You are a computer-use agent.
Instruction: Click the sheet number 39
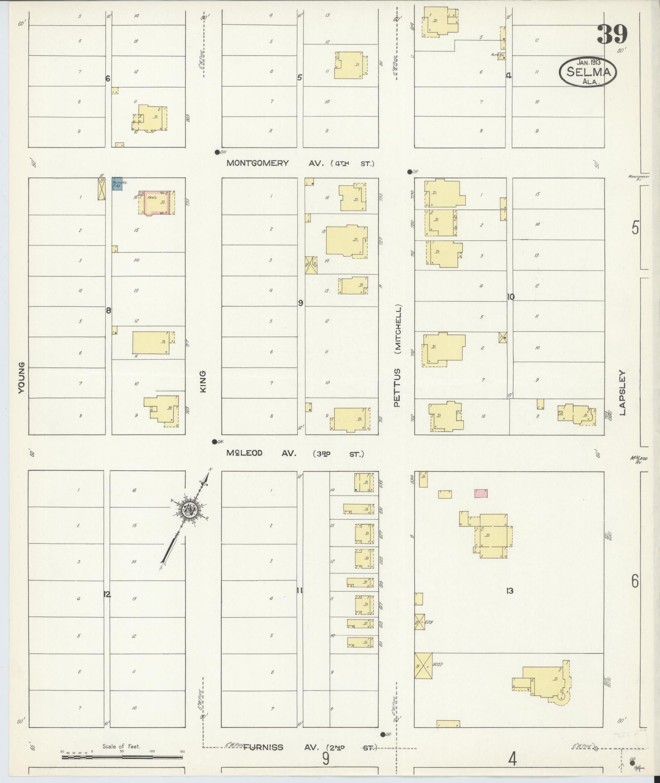[x=612, y=34]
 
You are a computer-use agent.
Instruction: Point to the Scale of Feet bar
[x=122, y=757]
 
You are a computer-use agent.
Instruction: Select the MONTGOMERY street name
[x=257, y=163]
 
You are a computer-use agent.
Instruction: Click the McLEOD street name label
[x=244, y=453]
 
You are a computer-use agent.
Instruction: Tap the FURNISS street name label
[x=263, y=747]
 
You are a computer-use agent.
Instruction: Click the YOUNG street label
[x=21, y=377]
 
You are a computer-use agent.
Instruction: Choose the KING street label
[x=203, y=381]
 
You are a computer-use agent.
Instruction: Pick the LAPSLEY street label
[x=623, y=393]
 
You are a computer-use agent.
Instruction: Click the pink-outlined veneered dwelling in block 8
[x=156, y=202]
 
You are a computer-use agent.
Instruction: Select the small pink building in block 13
[x=481, y=493]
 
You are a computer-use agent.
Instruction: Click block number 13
[x=509, y=591]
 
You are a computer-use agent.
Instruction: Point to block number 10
[x=511, y=297]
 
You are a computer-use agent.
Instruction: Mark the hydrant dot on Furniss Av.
[x=383, y=734]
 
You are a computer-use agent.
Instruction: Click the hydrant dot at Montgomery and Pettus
[x=409, y=172]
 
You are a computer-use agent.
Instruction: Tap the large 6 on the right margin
[x=635, y=581]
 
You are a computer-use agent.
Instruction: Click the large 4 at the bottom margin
[x=512, y=760]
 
